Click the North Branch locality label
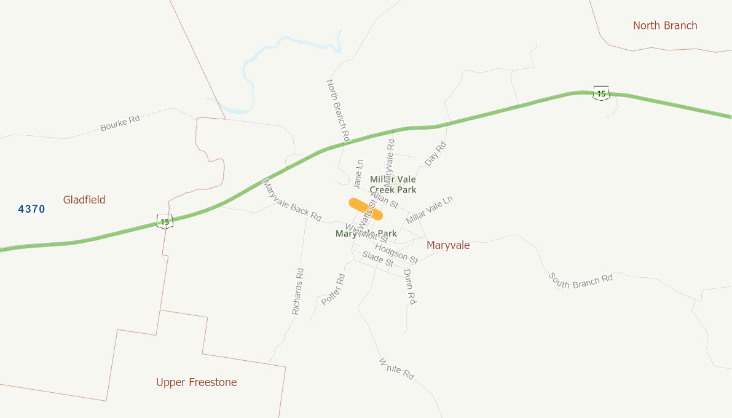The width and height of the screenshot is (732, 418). tap(665, 26)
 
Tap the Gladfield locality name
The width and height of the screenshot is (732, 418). tap(84, 200)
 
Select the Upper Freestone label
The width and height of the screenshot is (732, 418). tap(196, 382)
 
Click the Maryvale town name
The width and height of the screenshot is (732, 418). tap(448, 245)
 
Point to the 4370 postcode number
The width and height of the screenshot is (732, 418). tap(31, 209)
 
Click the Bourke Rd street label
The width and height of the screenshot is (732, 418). tap(120, 123)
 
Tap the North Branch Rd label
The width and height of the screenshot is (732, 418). tap(338, 111)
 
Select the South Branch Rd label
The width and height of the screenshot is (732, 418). tap(580, 281)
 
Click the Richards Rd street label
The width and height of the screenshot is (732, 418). tap(297, 291)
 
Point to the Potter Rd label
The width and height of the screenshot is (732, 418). tap(333, 290)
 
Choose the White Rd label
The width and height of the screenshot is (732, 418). tap(397, 368)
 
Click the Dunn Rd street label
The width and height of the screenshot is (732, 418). tap(410, 287)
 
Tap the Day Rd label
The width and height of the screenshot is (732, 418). tap(436, 154)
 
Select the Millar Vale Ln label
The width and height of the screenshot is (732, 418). tap(430, 210)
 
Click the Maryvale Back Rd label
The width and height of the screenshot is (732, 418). tap(292, 200)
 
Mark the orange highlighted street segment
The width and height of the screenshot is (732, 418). tap(366, 209)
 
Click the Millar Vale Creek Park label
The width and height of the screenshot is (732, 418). tap(393, 184)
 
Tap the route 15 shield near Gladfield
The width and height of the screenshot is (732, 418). tap(164, 221)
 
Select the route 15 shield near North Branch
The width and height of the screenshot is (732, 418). tap(601, 93)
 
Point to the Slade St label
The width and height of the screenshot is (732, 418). tap(377, 259)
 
